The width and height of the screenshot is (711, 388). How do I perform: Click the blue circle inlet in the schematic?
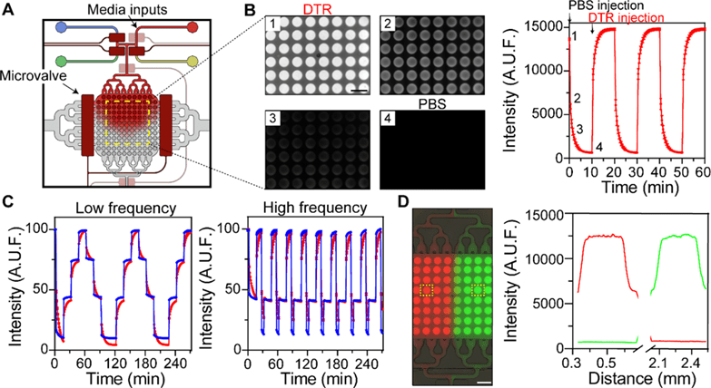[61, 26]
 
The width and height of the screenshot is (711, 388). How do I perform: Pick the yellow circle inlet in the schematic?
[193, 61]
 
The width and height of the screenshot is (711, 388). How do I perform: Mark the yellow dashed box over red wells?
[430, 290]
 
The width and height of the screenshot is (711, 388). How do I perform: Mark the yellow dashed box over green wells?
[480, 290]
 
